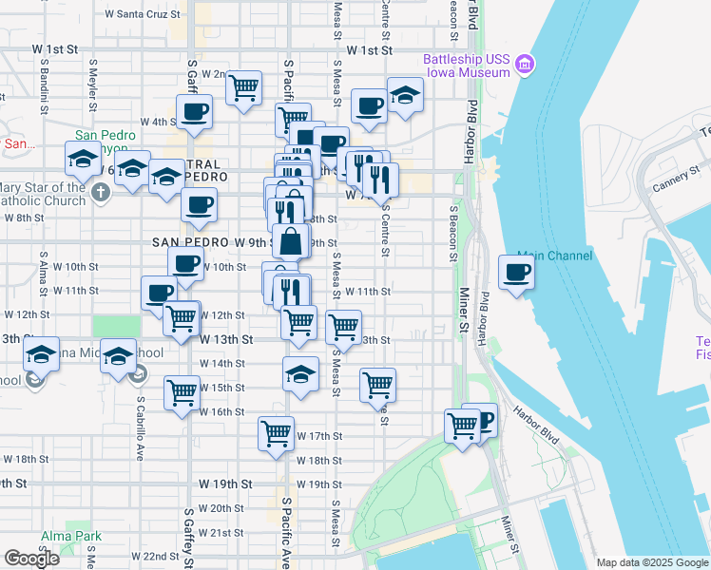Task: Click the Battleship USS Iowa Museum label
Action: pyautogui.click(x=466, y=66)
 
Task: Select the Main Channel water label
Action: pyautogui.click(x=555, y=256)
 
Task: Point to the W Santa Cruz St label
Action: pyautogui.click(x=142, y=15)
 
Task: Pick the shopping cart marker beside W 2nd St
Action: pyautogui.click(x=244, y=88)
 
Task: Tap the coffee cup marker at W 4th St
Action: pyautogui.click(x=194, y=111)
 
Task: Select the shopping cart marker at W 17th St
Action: pyautogui.click(x=276, y=433)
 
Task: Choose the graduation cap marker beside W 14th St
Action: pyautogui.click(x=300, y=375)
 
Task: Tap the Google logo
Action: pyautogui.click(x=31, y=559)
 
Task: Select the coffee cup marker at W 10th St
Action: pyautogui.click(x=186, y=263)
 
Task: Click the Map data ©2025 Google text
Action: pyautogui.click(x=651, y=562)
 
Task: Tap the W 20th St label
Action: pyautogui.click(x=227, y=508)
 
